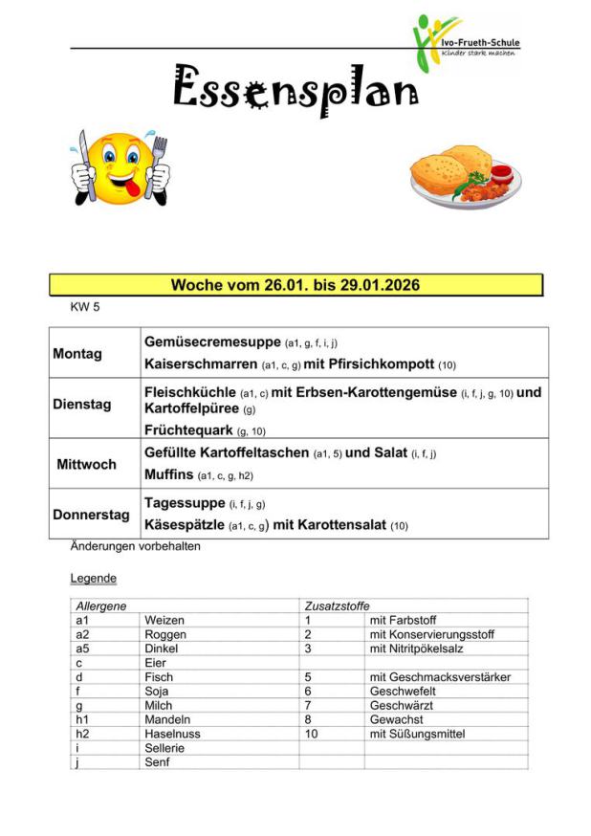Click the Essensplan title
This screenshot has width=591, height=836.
pos(295,89)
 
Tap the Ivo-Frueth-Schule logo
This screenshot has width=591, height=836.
pos(466,43)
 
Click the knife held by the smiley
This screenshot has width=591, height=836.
pos(84,163)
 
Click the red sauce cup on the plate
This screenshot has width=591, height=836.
pos(501,174)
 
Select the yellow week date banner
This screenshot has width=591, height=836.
pos(295,285)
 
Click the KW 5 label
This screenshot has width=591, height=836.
pos(86,308)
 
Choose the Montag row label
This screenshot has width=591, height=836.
pos(77,354)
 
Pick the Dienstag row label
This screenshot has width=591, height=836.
pos(81,404)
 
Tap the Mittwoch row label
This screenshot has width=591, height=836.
pos(86,464)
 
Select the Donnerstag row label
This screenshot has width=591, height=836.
pos(91,515)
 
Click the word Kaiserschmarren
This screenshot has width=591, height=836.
pos(200,364)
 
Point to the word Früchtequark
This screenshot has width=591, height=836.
pos(188,429)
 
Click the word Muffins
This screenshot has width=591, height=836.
pos(169,474)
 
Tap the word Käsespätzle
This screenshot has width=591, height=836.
pos(185,525)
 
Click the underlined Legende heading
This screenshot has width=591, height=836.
pos(94,579)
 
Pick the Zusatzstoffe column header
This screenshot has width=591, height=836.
pos(337,606)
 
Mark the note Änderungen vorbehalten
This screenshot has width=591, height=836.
pos(135,547)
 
